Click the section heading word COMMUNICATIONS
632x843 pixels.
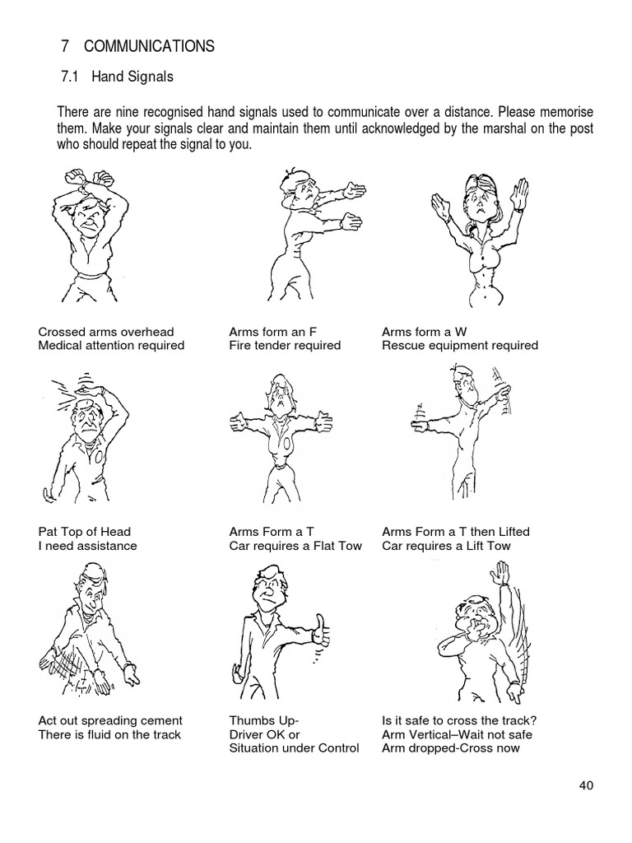(149, 46)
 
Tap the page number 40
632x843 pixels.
(586, 785)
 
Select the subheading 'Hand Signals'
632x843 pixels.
(132, 77)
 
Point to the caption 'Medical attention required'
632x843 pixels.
(111, 345)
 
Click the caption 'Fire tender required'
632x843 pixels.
(285, 345)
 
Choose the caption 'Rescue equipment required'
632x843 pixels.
(460, 345)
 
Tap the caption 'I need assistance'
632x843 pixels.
(87, 546)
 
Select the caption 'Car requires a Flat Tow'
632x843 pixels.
(295, 546)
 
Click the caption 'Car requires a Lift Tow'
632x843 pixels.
(446, 546)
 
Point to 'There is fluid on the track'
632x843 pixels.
(109, 734)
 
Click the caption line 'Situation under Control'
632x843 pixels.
(294, 748)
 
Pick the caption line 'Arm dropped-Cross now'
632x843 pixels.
(451, 748)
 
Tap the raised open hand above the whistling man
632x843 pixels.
(501, 573)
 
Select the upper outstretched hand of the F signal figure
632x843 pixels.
(355, 190)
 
